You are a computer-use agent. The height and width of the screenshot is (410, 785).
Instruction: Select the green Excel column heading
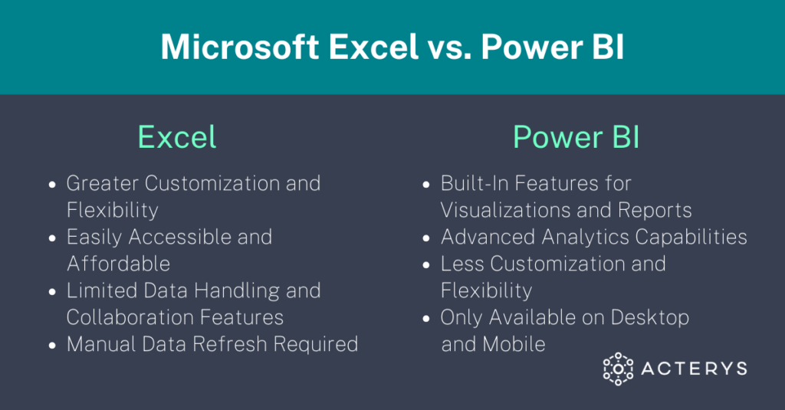pos(177,138)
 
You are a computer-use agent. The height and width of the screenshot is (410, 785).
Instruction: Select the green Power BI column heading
pos(576,138)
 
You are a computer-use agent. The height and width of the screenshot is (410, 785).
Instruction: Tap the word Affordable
pos(118,264)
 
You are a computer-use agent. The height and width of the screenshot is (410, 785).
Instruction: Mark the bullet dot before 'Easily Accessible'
pos(52,238)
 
